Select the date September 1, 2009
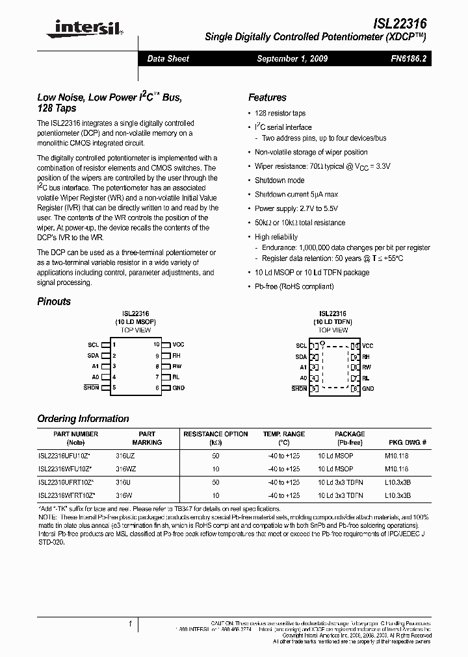coord(292,58)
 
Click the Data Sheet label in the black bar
coord(168,58)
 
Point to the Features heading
coord(267,97)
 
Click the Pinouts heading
coord(54,301)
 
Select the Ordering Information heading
coord(83,419)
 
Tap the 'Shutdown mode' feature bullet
coord(279,180)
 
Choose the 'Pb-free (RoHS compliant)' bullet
coord(293,286)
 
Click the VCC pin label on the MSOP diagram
coord(178,345)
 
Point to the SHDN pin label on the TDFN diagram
coord(299,388)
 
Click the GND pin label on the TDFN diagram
coord(368,388)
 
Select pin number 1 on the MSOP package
coord(114,345)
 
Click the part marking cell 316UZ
coord(125,456)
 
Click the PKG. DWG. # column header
coord(408,442)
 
